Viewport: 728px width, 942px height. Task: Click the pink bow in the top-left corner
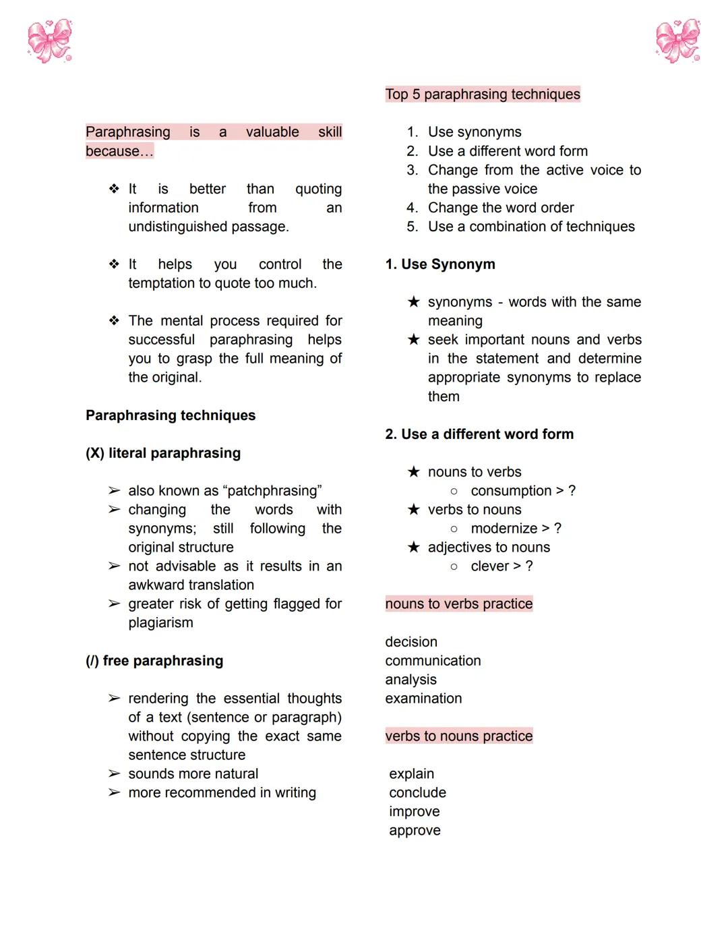pyautogui.click(x=49, y=41)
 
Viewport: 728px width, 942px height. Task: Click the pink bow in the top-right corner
pyautogui.click(x=677, y=41)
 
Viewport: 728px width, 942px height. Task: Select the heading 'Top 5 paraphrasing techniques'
pyautogui.click(x=482, y=94)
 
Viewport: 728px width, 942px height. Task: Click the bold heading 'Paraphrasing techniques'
pyautogui.click(x=171, y=415)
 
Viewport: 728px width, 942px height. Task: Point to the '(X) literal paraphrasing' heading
pyautogui.click(x=163, y=453)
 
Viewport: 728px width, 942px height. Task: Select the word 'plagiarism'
pyautogui.click(x=160, y=623)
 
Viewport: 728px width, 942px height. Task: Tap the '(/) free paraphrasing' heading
pyautogui.click(x=154, y=661)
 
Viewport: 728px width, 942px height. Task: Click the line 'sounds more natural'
pyautogui.click(x=193, y=774)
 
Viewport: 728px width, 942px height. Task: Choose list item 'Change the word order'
pyautogui.click(x=501, y=208)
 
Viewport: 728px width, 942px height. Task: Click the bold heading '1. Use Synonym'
pyautogui.click(x=440, y=264)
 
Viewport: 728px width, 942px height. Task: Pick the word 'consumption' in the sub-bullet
pyautogui.click(x=511, y=491)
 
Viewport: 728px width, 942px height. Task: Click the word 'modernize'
pyautogui.click(x=504, y=529)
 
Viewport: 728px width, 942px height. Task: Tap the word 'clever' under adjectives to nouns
pyautogui.click(x=489, y=566)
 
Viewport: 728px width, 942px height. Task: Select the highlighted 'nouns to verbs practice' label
pyautogui.click(x=458, y=604)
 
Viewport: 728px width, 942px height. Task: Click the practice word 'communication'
pyautogui.click(x=433, y=661)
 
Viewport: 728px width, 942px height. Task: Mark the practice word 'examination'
pyautogui.click(x=423, y=699)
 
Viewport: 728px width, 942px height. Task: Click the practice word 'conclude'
pyautogui.click(x=417, y=793)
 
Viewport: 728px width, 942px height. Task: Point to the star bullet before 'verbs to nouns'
pyautogui.click(x=413, y=510)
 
